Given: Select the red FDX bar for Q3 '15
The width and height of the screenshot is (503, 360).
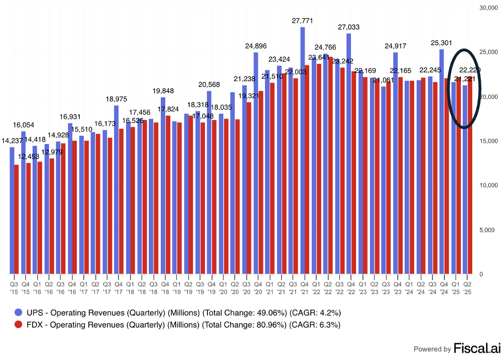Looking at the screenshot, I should pyautogui.click(x=17, y=219).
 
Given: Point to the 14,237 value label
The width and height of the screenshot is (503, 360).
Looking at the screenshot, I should pyautogui.click(x=12, y=141).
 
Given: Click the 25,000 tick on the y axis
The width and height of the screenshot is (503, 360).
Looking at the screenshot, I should pyautogui.click(x=487, y=52).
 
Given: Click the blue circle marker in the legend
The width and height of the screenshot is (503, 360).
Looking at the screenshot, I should pyautogui.click(x=19, y=313).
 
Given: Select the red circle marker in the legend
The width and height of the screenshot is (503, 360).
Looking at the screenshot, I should pyautogui.click(x=19, y=325).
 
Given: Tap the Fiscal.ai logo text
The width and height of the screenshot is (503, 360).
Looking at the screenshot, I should pyautogui.click(x=475, y=348).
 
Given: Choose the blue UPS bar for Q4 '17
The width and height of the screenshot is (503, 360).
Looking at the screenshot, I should pyautogui.click(x=117, y=189).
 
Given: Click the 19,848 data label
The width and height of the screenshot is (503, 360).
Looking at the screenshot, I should pyautogui.click(x=163, y=91).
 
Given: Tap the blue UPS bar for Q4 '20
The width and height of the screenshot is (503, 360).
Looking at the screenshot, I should pyautogui.click(x=256, y=163).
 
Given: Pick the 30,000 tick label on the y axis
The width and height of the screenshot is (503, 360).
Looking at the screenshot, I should pyautogui.click(x=487, y=8).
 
